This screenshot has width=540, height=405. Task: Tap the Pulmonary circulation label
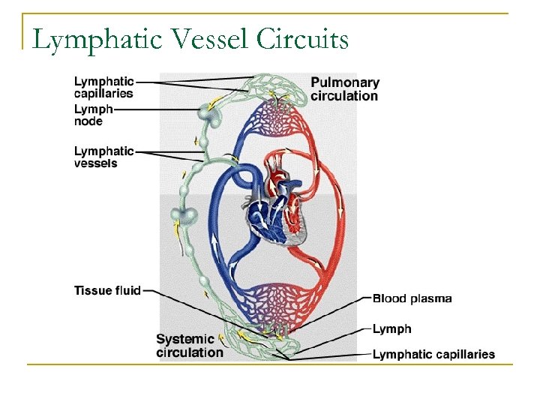(x=344, y=89)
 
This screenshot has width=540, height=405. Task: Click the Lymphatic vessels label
(x=103, y=157)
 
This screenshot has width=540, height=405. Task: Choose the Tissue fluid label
(x=107, y=290)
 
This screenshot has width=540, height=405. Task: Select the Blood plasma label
(x=412, y=298)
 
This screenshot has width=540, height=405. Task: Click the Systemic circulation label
(x=190, y=346)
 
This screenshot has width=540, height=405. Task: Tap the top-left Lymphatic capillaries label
(x=103, y=87)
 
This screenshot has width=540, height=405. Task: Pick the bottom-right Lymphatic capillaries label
(x=433, y=354)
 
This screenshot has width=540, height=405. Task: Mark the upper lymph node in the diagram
(x=206, y=115)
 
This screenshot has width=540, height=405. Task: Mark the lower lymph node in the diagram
(x=182, y=216)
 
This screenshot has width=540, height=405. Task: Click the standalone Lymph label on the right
(x=391, y=328)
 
